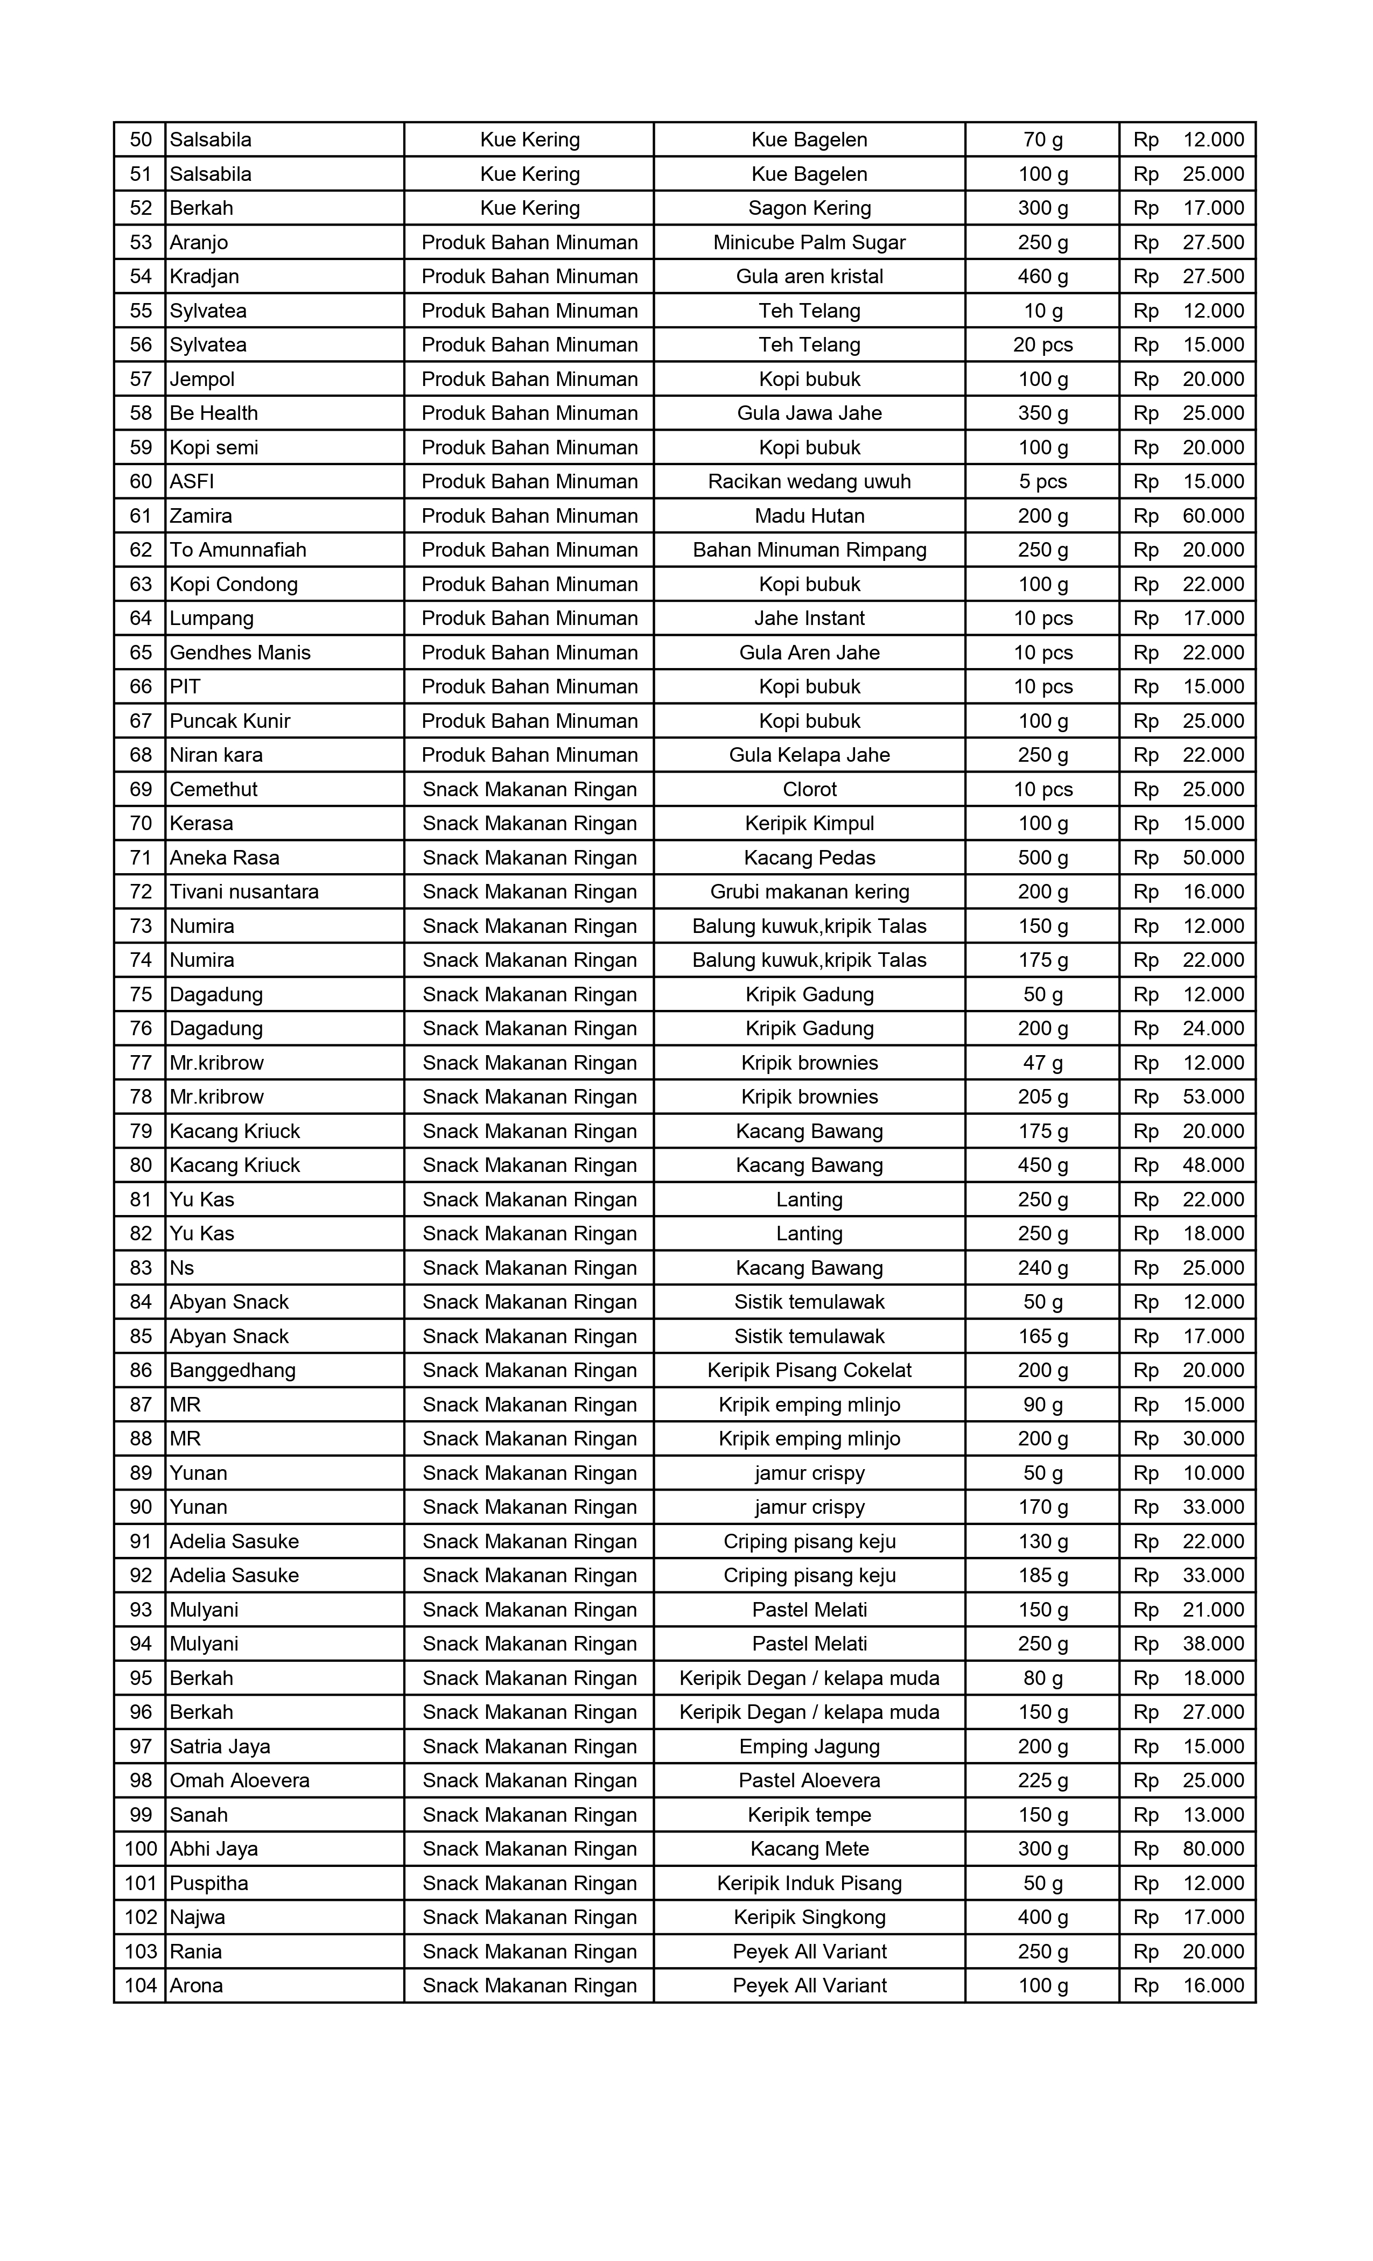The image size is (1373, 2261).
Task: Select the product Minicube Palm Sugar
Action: [809, 242]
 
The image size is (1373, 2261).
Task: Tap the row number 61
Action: [141, 516]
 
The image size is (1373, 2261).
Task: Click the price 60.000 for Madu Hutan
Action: [1213, 516]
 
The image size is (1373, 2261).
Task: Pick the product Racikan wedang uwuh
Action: [809, 482]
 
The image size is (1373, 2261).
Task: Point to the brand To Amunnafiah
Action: [237, 550]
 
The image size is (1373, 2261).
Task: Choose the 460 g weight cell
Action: [1042, 276]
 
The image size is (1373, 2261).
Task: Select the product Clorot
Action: [809, 789]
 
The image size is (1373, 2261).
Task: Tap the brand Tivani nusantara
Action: [244, 892]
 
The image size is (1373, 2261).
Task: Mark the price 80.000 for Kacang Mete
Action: [1213, 1849]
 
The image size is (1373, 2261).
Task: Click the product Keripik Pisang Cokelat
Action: [809, 1370]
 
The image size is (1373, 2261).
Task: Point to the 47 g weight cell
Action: [1042, 1063]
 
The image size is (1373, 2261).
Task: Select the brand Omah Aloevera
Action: [240, 1780]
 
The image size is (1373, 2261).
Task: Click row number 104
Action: [141, 1986]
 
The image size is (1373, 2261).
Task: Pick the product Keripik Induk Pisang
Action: [809, 1883]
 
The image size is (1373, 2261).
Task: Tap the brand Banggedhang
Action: [232, 1370]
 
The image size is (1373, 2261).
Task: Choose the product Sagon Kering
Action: [809, 208]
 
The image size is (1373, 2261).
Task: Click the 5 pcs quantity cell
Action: [1042, 482]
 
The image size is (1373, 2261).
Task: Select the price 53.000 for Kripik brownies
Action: [1213, 1097]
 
